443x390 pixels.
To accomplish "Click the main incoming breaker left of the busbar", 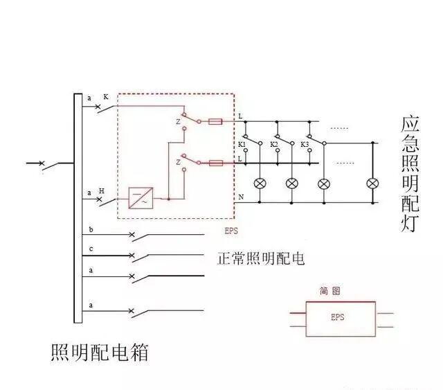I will pyautogui.click(x=43, y=164).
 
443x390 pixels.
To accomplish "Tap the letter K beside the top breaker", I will pyautogui.click(x=106, y=98).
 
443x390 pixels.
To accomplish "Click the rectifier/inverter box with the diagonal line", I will pyautogui.click(x=141, y=198).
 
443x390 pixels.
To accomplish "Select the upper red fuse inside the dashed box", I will pyautogui.click(x=215, y=121).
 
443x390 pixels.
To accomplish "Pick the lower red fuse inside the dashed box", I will pyautogui.click(x=215, y=163).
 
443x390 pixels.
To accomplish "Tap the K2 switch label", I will pyautogui.click(x=273, y=145).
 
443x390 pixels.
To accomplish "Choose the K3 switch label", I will pyautogui.click(x=305, y=145).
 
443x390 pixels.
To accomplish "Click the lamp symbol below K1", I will pyautogui.click(x=261, y=184).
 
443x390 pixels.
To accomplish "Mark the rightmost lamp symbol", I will pyautogui.click(x=373, y=184).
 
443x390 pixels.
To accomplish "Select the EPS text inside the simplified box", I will pyautogui.click(x=337, y=318).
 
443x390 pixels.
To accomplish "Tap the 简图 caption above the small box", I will pyautogui.click(x=329, y=292).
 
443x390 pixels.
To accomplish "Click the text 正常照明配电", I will pyautogui.click(x=261, y=258).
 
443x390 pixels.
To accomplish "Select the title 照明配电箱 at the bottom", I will pyautogui.click(x=100, y=353).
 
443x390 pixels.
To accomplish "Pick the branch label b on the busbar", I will pyautogui.click(x=91, y=229).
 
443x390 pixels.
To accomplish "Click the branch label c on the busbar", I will pyautogui.click(x=91, y=249).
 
